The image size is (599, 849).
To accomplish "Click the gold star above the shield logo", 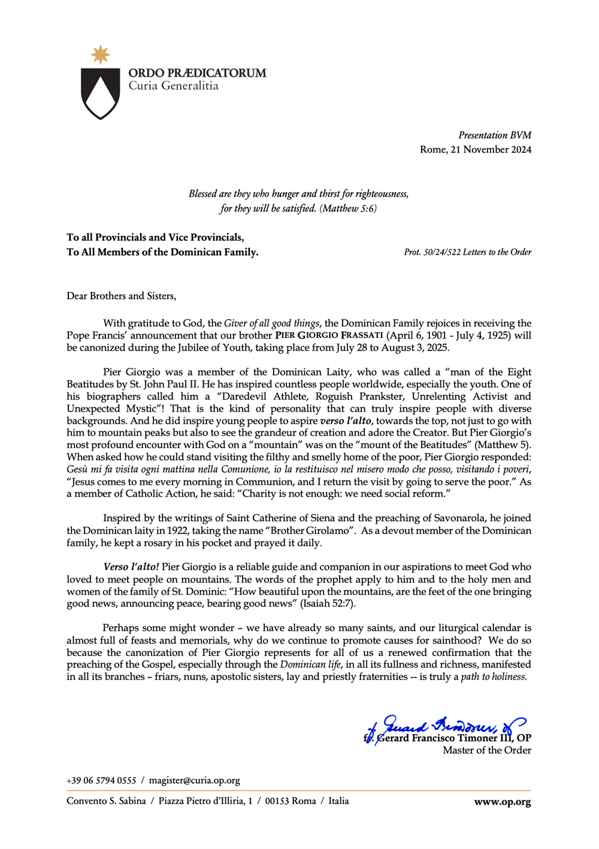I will coord(100,55).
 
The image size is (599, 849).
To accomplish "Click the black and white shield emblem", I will coord(100,93).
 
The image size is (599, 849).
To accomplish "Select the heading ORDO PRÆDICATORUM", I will coord(197,73).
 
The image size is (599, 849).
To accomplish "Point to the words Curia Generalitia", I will coord(173,86).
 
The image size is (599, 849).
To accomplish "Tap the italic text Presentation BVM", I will coord(494,135).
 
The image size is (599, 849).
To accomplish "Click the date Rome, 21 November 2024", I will coord(475,150).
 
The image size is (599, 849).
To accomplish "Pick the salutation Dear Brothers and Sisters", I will coord(121,296).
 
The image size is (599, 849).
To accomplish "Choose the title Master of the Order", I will coord(486,750).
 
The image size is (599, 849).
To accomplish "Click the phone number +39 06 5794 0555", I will coord(101,781).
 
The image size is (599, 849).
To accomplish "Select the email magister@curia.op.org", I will coord(194,781).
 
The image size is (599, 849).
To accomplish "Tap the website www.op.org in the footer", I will coord(502,802).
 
